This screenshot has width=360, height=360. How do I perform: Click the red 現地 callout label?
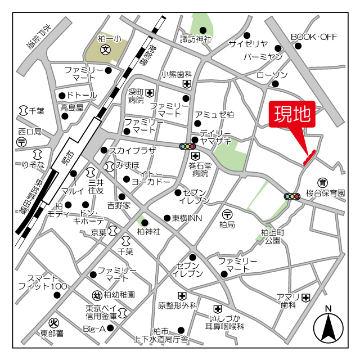tap(292, 115)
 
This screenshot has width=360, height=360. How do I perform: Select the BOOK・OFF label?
tap(313, 37)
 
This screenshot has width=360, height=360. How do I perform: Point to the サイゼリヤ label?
tap(248, 44)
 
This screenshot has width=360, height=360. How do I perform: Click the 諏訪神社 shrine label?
tap(195, 39)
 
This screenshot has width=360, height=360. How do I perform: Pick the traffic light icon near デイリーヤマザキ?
tap(186, 146)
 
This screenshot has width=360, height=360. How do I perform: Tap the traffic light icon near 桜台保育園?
tap(292, 196)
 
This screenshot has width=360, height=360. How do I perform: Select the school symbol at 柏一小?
tap(105, 49)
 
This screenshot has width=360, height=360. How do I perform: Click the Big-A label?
tap(94, 328)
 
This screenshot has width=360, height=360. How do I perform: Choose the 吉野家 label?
tap(119, 205)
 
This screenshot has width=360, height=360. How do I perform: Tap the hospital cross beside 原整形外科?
tap(182, 295)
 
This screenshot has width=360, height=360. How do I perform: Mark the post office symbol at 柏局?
tap(227, 214)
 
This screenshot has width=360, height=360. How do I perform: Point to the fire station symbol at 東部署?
tap(55, 322)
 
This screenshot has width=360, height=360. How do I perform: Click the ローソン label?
tap(272, 75)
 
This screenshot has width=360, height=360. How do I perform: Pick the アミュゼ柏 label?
tap(214, 114)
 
